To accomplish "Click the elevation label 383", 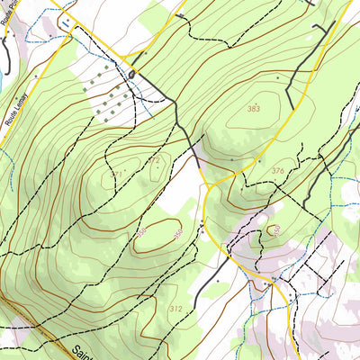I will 254,109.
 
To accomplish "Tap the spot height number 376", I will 277,171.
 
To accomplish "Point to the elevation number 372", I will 155,161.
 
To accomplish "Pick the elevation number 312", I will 175,309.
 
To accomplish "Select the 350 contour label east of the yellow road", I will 275,229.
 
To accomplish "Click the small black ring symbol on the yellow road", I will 131,73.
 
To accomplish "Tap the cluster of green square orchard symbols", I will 105,94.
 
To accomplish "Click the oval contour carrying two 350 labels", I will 160,234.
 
